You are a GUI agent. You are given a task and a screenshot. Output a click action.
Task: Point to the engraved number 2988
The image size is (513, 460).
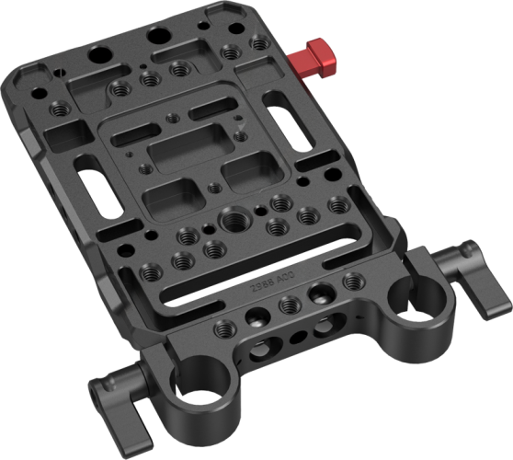[264, 286]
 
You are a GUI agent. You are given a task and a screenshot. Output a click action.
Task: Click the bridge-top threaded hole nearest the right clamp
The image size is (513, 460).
[348, 280]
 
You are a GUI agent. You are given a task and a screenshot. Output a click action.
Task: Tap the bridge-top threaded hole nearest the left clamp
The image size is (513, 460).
[222, 328]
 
